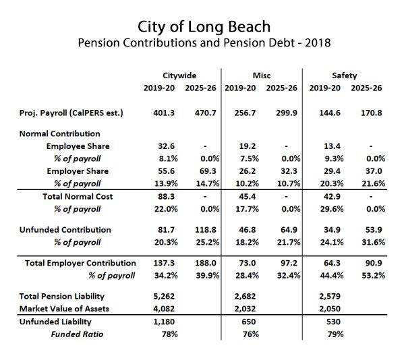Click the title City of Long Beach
pyautogui.click(x=203, y=27)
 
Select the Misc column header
pyautogui.click(x=263, y=76)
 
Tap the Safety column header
pyautogui.click(x=344, y=76)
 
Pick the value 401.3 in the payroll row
pyautogui.click(x=157, y=111)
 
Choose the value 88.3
pyautogui.click(x=157, y=196)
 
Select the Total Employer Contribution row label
pyautogui.click(x=80, y=263)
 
